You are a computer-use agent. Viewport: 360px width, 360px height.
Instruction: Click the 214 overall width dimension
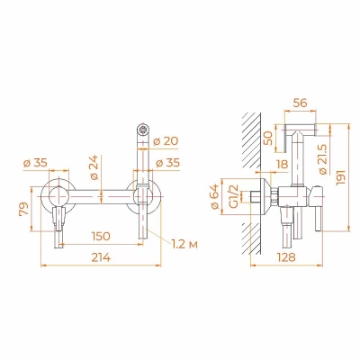101,257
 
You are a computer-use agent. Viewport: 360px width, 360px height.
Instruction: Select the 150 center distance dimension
100,236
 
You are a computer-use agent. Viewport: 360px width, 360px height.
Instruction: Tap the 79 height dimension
24,209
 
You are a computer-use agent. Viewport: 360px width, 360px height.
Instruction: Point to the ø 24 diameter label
94,167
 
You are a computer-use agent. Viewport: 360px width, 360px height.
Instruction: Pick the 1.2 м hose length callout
185,245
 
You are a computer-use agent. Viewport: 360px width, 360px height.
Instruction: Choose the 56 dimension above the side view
300,103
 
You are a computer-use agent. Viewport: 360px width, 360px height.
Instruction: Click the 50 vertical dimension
270,139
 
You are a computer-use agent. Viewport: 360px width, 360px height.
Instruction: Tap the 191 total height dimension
341,177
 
